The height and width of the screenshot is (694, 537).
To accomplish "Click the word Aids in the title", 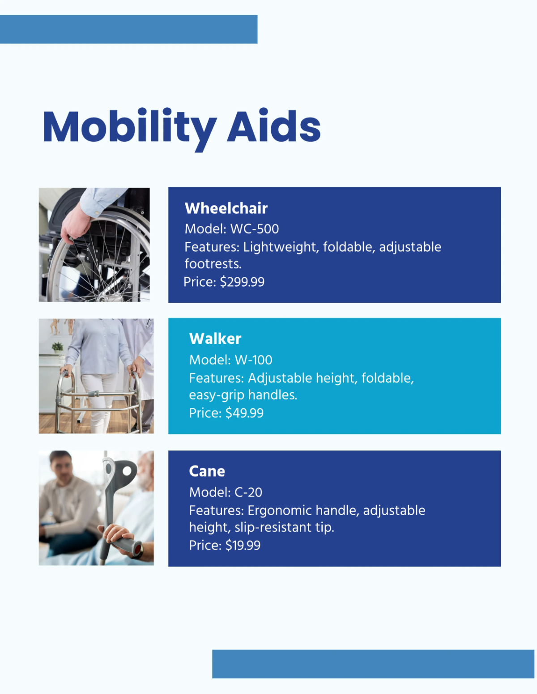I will click(274, 127).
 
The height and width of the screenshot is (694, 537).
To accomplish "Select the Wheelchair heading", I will click(226, 208).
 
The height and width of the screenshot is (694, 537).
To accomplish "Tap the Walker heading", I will click(215, 339).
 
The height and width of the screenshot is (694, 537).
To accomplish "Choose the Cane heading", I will click(207, 471).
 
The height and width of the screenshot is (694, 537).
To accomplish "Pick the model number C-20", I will click(248, 492).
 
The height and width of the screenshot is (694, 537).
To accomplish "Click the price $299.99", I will click(242, 282).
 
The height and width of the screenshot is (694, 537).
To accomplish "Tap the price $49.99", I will click(244, 413).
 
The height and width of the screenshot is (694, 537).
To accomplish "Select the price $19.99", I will click(243, 546).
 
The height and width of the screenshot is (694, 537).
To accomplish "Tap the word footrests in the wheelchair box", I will click(212, 264).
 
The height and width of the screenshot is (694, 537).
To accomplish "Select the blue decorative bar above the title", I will click(128, 30).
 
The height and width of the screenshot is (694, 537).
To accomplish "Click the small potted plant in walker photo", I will click(58, 347).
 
